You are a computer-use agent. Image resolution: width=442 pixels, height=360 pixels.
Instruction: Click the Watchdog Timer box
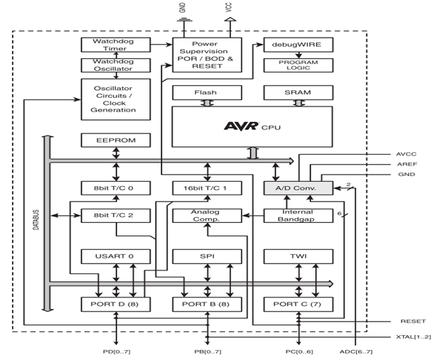pos(116,45)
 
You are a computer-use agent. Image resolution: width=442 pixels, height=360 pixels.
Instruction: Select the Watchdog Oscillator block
pos(116,65)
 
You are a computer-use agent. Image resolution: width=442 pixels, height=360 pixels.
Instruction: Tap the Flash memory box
pos(207,93)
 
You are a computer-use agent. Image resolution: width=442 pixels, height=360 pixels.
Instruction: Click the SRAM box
pos(298,93)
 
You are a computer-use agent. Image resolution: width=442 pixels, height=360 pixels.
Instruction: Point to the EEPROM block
pos(116,141)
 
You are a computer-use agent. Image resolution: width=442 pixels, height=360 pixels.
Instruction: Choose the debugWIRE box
pos(298,45)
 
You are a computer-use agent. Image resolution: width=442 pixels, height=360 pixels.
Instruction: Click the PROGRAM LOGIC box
pos(298,65)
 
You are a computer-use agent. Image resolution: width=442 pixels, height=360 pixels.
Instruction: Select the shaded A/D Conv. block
pos(298,188)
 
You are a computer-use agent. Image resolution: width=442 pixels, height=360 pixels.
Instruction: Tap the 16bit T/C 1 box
pos(207,188)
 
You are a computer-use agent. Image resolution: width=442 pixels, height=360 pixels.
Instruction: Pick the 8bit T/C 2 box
pos(116,215)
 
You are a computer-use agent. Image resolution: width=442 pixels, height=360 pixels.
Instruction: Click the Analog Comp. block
pos(207,215)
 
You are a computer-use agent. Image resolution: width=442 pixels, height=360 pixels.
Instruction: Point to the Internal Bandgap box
pos(298,215)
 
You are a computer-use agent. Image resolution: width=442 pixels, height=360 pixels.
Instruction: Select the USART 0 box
pos(116,256)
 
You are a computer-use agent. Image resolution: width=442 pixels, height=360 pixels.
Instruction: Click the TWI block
pos(298,256)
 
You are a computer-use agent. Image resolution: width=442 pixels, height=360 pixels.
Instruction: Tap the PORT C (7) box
pos(298,304)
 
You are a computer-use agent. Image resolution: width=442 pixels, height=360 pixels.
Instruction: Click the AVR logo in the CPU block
pos(242,126)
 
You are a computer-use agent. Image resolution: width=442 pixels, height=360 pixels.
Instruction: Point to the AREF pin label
pos(407,164)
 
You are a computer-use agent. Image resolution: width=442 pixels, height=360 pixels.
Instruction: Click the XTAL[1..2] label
pos(414,337)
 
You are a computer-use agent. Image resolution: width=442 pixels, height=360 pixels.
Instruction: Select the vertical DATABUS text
pos(36,219)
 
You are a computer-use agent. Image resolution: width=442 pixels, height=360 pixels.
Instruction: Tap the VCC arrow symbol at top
pos(230,19)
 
